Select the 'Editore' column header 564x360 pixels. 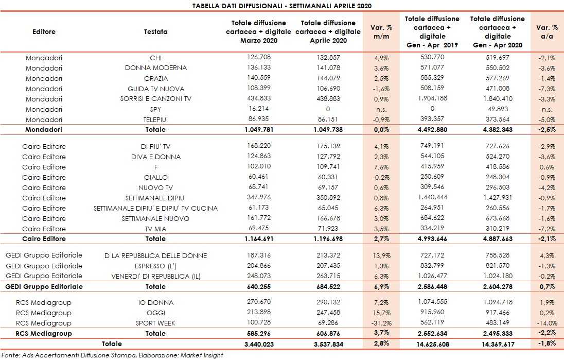coord(44,31)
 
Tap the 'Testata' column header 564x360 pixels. coord(155,31)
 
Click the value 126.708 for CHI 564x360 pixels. coord(259,57)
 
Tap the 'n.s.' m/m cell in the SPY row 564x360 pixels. coord(381,110)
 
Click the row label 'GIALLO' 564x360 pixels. coord(155,177)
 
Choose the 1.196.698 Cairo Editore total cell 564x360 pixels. coord(328,239)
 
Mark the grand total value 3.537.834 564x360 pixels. coord(328,344)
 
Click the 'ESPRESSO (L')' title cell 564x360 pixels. coord(155,266)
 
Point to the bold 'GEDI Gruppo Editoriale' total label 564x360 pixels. coord(44,286)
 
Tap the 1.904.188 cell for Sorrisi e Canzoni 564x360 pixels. coord(432,99)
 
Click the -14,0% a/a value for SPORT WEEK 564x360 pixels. coord(547,323)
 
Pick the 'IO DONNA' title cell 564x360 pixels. coord(155,302)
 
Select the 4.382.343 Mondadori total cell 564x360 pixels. coord(497,130)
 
